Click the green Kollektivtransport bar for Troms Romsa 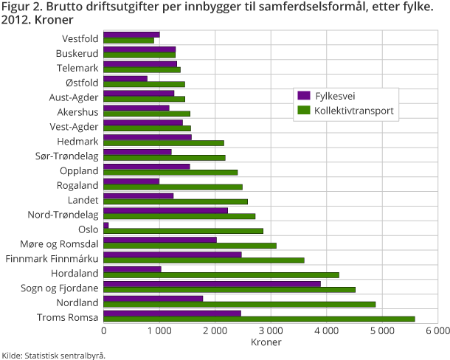(x=260, y=319)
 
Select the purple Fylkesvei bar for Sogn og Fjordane (x=212, y=284)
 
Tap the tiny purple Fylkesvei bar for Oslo (x=106, y=225)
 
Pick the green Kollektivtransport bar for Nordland (x=240, y=304)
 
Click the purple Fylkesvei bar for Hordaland (x=133, y=269)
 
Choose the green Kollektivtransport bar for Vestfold (x=129, y=41)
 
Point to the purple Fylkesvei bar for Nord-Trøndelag (x=166, y=210)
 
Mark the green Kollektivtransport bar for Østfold (x=145, y=85)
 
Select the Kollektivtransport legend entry (x=347, y=111)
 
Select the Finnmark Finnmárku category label (x=52, y=258)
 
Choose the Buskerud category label (x=77, y=53)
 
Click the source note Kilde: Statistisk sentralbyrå (x=53, y=355)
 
